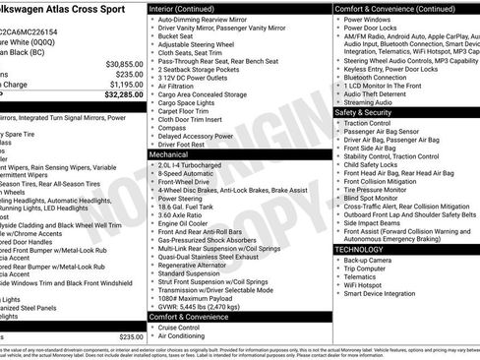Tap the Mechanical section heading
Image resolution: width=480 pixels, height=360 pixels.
pos(168,154)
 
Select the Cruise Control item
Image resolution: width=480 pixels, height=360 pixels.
pos(184,328)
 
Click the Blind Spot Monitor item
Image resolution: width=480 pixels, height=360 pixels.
pos(379,198)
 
